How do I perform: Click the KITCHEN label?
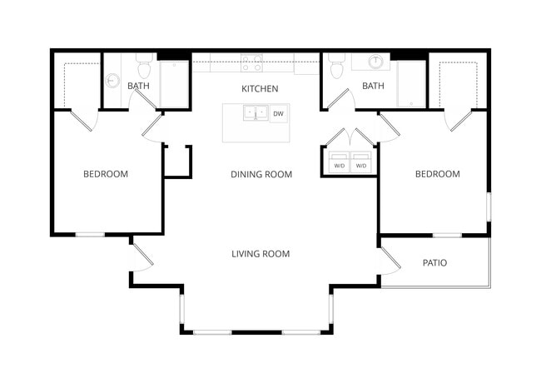pyautogui.click(x=260, y=88)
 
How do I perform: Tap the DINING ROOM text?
pyautogui.click(x=261, y=174)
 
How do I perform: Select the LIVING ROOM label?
pyautogui.click(x=261, y=253)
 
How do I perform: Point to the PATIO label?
pyautogui.click(x=434, y=262)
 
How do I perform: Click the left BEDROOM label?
pyautogui.click(x=106, y=174)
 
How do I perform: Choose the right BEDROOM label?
pyautogui.click(x=437, y=174)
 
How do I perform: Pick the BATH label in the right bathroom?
pyautogui.click(x=373, y=86)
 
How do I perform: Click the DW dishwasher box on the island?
pyautogui.click(x=278, y=113)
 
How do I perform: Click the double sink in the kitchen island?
pyautogui.click(x=256, y=112)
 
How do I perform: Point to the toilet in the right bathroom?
pyautogui.click(x=336, y=67)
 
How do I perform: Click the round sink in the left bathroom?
pyautogui.click(x=112, y=81)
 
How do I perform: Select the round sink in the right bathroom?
pyautogui.click(x=376, y=62)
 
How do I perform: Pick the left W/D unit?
pyautogui.click(x=340, y=163)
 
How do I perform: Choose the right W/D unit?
pyautogui.click(x=361, y=163)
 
